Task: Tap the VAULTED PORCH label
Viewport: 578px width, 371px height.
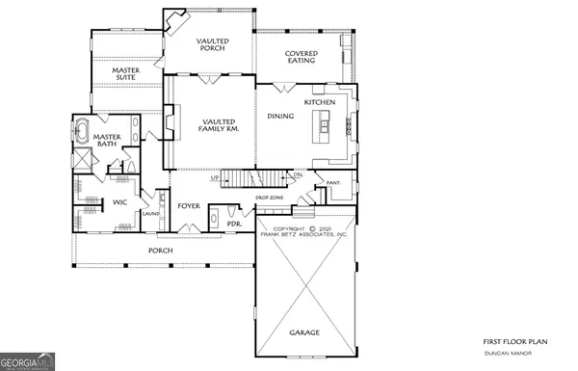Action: coord(212,46)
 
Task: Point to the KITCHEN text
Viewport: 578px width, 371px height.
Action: coord(320,102)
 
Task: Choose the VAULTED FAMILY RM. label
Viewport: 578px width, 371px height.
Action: coord(220,124)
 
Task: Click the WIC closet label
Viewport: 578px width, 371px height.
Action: coord(119,202)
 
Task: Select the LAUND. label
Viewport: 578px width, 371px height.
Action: coord(151,214)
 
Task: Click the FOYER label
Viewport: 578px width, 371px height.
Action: coord(187,205)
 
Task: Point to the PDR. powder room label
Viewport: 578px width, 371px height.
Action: coord(233,225)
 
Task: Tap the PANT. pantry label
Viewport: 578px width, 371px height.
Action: coord(333,182)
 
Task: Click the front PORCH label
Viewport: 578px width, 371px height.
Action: coord(160,251)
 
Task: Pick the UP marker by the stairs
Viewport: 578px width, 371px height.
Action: coord(214,178)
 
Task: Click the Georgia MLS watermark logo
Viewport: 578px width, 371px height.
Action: coord(28,362)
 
